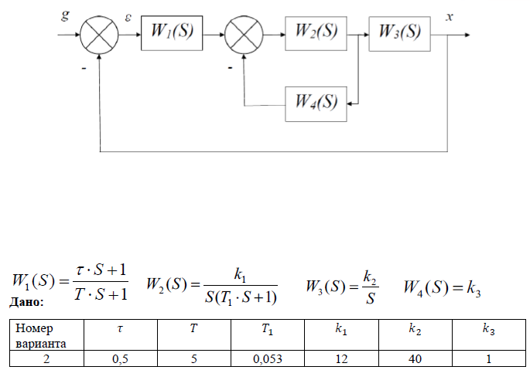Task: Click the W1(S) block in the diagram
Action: point(171,33)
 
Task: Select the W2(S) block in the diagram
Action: point(316,33)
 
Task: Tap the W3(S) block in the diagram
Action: point(398,33)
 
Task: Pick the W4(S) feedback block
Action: point(316,103)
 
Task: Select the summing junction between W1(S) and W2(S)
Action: point(244,34)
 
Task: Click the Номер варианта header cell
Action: point(46,334)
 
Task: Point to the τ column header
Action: point(119,330)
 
